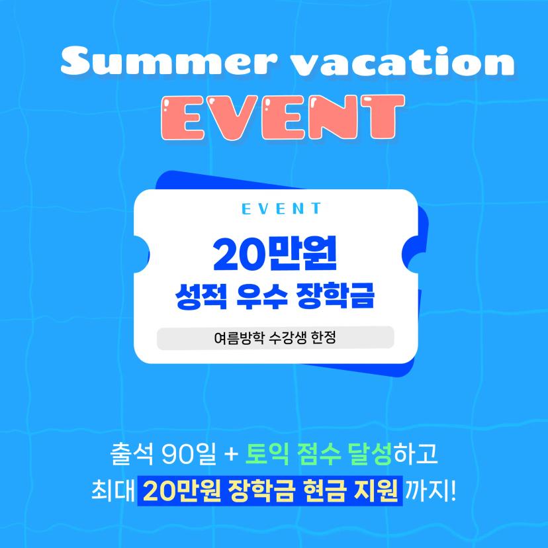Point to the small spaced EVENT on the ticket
coord(281,209)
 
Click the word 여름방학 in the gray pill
coord(236,338)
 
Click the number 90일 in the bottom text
coord(189,457)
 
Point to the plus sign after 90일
coord(230,457)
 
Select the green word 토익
coord(269,457)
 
